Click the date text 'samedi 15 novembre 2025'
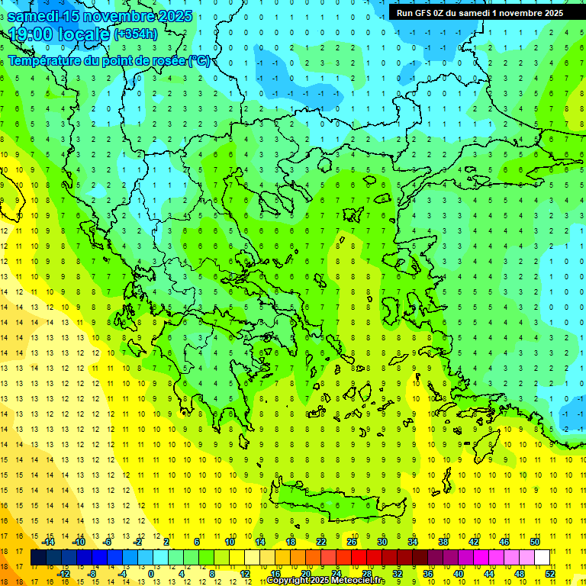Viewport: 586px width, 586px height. coord(99,16)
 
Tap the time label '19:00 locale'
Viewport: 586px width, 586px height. coord(60,34)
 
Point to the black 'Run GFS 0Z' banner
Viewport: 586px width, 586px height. coord(480,12)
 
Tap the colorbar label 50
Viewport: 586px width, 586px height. coord(534,541)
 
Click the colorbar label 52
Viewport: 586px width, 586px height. coord(549,574)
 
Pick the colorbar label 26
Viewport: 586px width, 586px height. coord(352,541)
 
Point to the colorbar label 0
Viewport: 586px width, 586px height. coord(151,574)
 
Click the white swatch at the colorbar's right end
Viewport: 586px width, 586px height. coord(542,558)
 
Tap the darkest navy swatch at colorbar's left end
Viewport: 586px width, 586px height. coord(39,558)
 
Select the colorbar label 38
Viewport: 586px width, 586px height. coord(443,541)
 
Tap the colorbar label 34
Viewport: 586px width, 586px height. coord(413,541)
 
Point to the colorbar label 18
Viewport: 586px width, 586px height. coord(291,541)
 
